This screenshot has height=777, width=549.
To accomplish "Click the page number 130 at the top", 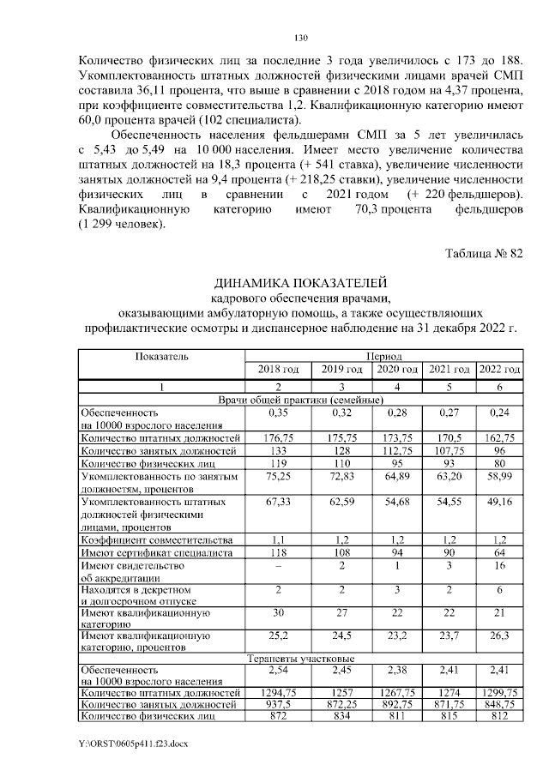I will click(300, 39).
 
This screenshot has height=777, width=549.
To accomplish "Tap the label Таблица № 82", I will click(485, 251).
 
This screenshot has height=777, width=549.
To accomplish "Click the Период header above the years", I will click(384, 355).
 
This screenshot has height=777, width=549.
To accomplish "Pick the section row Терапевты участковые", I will click(300, 660).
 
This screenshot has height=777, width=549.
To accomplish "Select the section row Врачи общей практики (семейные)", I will click(300, 401).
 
